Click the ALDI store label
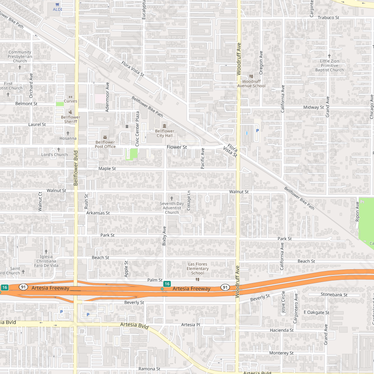[x=57, y=9]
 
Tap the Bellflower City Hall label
[x=165, y=133]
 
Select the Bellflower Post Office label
[x=105, y=144]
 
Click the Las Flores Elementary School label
[x=197, y=269]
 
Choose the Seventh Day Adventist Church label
[x=172, y=208]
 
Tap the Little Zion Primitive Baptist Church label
[x=329, y=65]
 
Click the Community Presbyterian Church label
[x=20, y=56]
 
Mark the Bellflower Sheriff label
[x=70, y=119]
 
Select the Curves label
[x=70, y=101]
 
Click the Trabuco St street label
[x=328, y=18]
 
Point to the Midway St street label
[x=313, y=107]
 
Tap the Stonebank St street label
[x=334, y=295]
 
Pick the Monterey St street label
[x=281, y=353]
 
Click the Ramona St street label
[x=149, y=369]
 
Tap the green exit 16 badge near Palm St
[x=167, y=284]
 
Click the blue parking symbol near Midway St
[x=257, y=131]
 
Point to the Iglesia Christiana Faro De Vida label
[x=46, y=261]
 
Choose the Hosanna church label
[x=68, y=138]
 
